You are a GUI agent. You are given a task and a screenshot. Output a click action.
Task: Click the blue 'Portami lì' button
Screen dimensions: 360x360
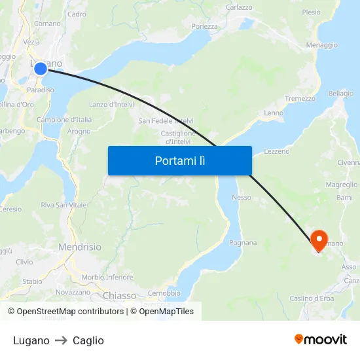(179, 160)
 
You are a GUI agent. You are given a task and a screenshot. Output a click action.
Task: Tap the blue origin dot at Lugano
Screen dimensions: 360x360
(41, 69)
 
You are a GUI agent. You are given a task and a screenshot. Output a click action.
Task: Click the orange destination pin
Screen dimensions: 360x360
(319, 240)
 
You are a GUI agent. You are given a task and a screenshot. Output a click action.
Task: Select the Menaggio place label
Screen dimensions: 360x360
(321, 45)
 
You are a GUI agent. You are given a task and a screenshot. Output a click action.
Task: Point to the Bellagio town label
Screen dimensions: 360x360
(340, 94)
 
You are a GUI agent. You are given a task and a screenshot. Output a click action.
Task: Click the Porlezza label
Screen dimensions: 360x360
(204, 26)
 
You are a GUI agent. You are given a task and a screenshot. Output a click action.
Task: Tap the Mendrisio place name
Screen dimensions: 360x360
(80, 247)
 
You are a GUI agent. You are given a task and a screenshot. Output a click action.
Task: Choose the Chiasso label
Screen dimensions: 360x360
(119, 296)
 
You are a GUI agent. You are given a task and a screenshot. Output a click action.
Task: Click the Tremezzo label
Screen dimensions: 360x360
(300, 99)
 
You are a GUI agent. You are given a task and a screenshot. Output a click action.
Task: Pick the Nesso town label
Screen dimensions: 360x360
(242, 197)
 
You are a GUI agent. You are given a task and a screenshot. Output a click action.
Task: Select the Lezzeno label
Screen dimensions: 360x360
(276, 151)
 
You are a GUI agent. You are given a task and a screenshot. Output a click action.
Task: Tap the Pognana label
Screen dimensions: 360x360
(243, 243)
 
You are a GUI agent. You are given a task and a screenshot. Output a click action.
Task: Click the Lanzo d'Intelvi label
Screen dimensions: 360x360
(111, 104)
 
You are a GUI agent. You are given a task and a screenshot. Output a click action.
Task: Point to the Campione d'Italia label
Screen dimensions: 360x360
(64, 120)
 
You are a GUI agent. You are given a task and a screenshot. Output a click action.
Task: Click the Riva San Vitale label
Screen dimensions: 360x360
(63, 205)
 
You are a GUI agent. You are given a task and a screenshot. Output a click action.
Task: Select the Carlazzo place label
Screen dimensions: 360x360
(239, 7)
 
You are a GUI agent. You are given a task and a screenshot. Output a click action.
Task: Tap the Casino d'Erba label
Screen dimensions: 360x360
(313, 298)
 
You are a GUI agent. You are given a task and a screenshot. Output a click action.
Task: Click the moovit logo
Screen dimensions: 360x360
(321, 339)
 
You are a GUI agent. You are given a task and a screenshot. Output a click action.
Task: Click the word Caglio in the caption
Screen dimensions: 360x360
(88, 340)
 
